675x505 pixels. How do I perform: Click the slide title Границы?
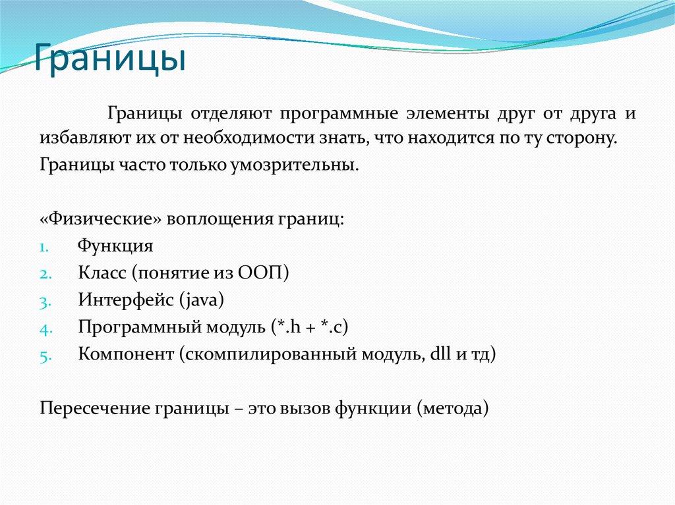[x=109, y=59]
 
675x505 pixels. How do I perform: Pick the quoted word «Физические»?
[x=100, y=219]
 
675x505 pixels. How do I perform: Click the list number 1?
[x=44, y=248]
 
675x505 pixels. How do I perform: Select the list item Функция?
[x=115, y=247]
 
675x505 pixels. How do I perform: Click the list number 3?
[x=44, y=302]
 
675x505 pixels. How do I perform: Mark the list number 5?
[x=44, y=356]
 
